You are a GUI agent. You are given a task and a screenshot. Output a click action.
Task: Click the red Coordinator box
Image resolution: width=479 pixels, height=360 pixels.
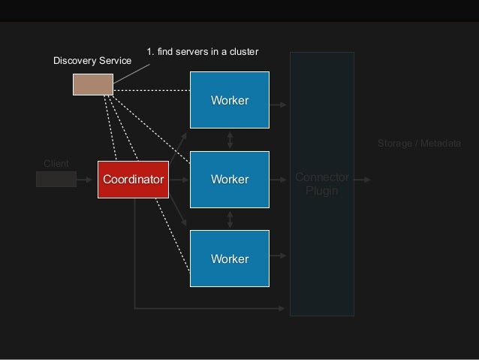tap(133, 179)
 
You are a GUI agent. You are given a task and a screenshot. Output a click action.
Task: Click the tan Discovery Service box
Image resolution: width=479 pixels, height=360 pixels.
tap(92, 84)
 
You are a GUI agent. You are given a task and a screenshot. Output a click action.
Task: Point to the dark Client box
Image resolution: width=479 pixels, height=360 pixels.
tap(56, 179)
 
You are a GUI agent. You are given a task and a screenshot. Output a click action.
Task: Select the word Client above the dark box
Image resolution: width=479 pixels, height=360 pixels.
tap(56, 163)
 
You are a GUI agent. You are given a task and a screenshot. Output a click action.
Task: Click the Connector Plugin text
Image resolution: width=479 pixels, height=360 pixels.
tap(322, 184)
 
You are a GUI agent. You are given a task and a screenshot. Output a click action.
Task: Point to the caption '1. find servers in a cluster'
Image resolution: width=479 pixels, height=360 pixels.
tap(203, 51)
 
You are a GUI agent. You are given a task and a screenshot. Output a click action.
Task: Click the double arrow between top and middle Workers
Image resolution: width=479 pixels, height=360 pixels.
tap(230, 139)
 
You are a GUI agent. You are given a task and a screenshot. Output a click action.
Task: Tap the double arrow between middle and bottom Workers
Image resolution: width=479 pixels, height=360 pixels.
tap(230, 218)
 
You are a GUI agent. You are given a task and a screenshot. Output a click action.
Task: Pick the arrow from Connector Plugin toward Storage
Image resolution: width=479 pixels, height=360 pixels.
tap(361, 180)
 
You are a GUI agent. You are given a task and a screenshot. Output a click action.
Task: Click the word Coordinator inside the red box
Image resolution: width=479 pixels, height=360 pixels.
tap(133, 180)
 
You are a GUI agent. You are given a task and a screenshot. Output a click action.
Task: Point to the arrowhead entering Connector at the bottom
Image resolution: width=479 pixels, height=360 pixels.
tap(287, 307)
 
